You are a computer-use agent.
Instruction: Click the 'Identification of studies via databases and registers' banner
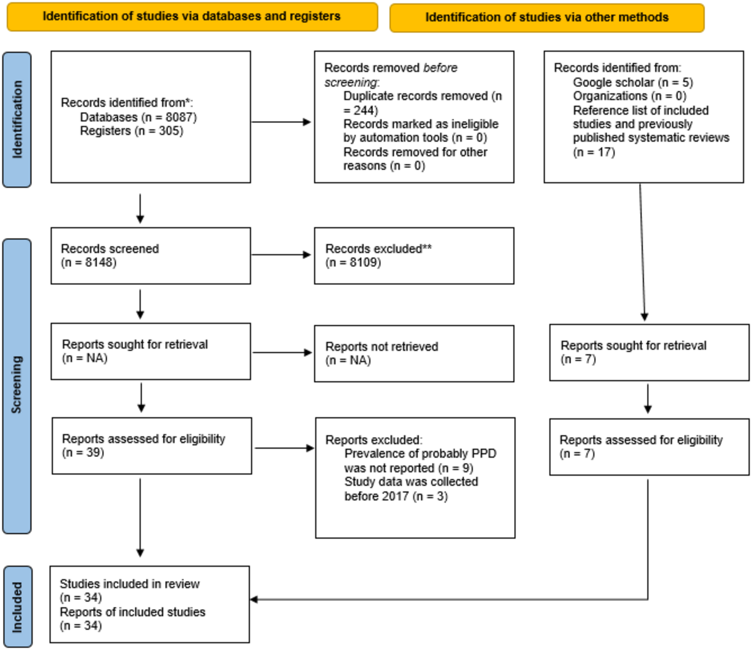(x=192, y=17)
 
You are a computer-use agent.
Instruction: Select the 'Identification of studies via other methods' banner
(x=547, y=18)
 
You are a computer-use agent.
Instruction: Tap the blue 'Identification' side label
(x=17, y=119)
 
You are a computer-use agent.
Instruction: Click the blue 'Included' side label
(x=18, y=607)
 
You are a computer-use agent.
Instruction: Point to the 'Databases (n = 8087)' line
(x=138, y=117)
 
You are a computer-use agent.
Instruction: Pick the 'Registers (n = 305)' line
(x=131, y=131)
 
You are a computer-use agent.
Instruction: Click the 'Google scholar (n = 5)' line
(x=633, y=83)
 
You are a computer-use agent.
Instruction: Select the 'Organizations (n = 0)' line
(x=629, y=96)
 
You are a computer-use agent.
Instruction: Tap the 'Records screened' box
(x=151, y=256)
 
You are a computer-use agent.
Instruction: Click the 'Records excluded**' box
(x=414, y=256)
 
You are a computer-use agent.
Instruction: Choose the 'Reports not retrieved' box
(x=414, y=354)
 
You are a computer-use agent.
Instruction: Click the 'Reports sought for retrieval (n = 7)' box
(x=649, y=352)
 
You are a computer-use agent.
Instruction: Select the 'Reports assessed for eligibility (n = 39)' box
(x=152, y=446)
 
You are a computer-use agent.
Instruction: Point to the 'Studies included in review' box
(x=150, y=604)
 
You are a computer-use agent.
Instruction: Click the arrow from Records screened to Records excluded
(x=281, y=255)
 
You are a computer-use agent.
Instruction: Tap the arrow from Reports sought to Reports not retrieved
(x=282, y=353)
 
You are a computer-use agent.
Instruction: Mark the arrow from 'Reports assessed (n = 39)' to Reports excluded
(x=284, y=448)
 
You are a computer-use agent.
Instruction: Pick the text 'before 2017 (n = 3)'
(x=396, y=496)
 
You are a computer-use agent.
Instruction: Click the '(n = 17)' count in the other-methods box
(x=594, y=152)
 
